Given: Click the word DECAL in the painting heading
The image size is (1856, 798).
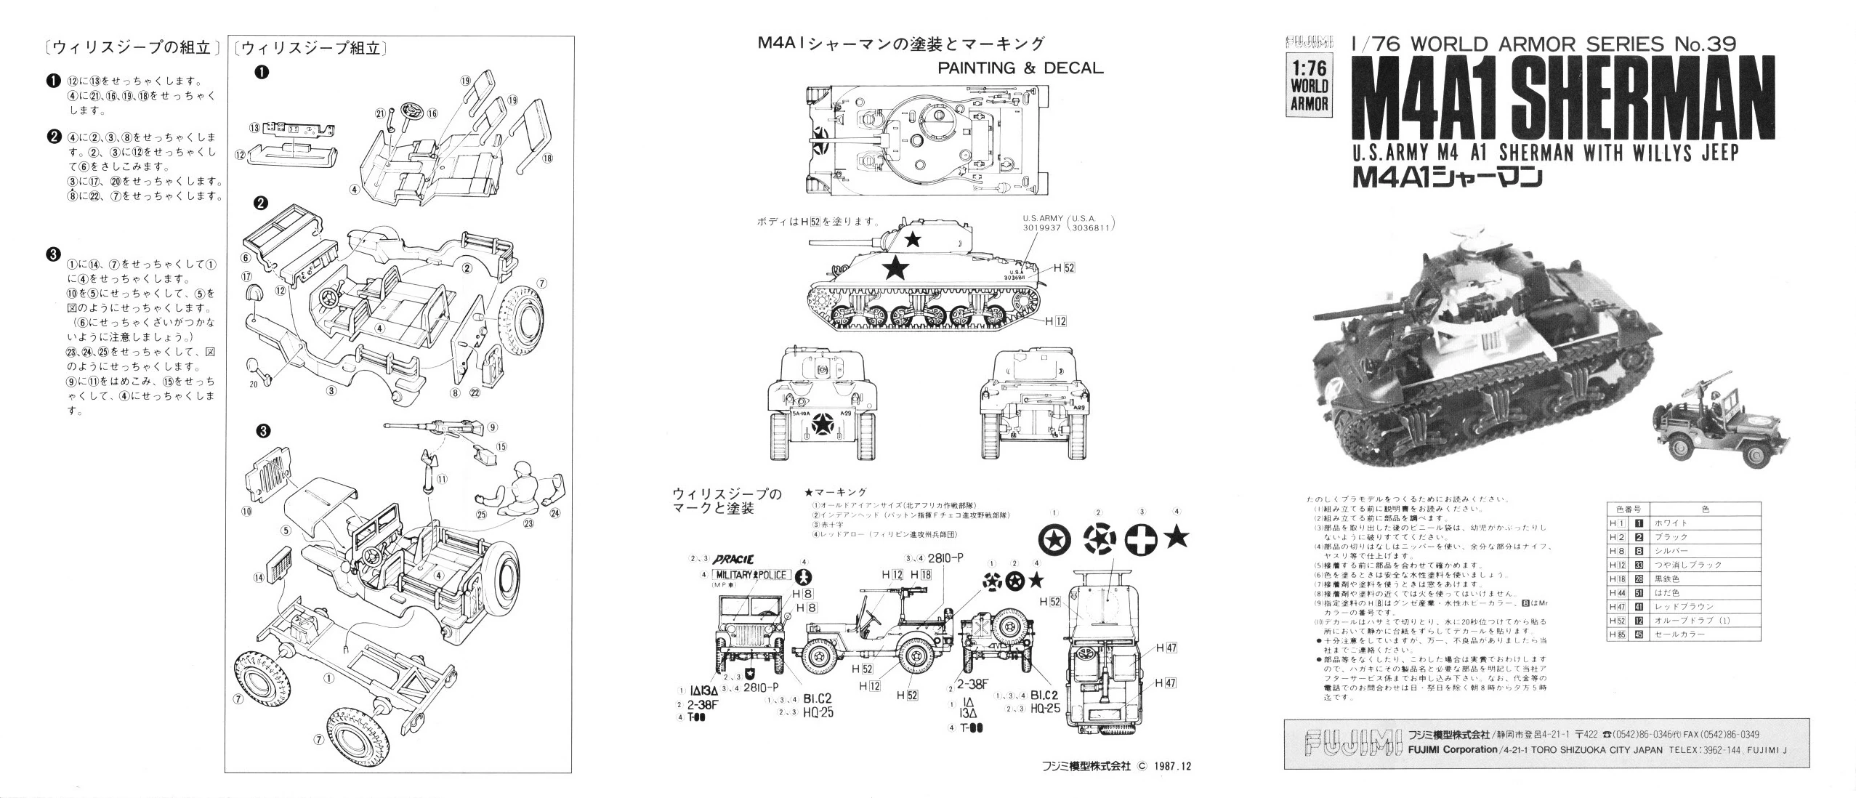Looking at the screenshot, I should coord(1073,68).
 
